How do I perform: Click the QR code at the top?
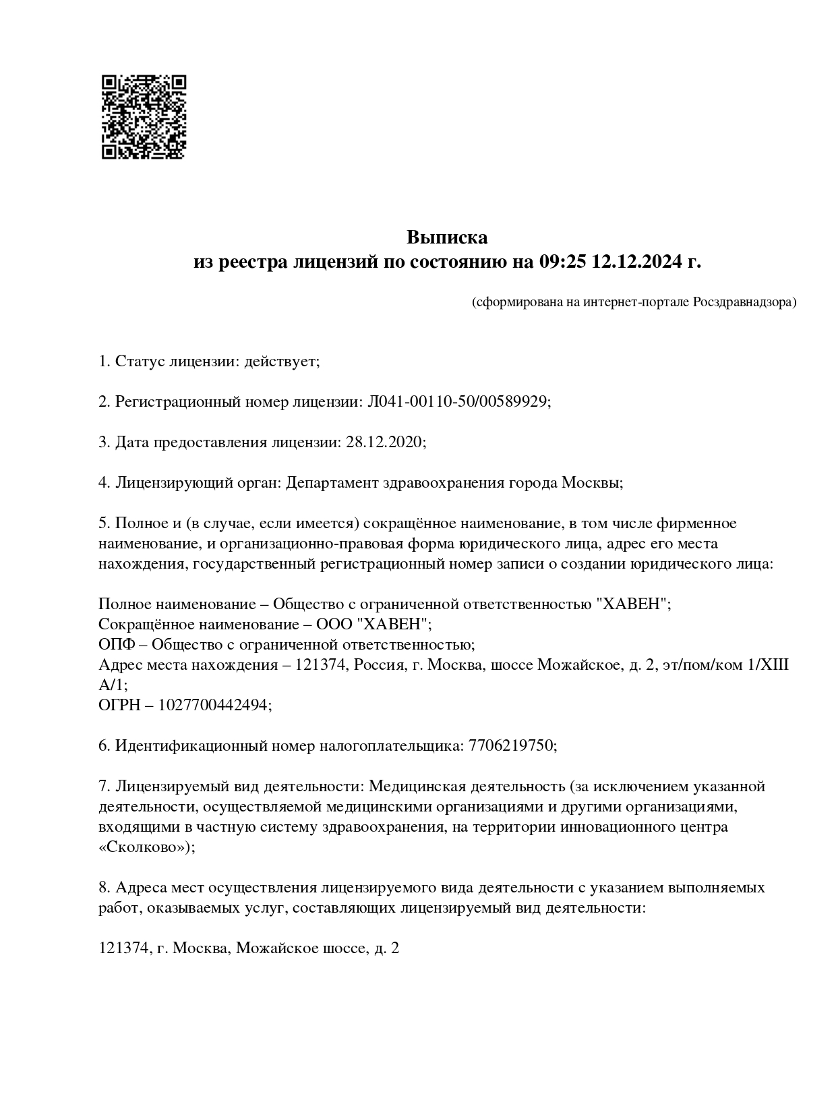pos(143,117)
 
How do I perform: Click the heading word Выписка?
pos(446,237)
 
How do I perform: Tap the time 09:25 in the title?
pos(562,262)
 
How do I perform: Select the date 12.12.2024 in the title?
pos(637,262)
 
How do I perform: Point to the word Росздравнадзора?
pos(744,302)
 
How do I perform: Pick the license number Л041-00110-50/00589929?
pos(457,402)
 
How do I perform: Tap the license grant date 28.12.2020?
pos(384,443)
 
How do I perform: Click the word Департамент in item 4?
pos(332,483)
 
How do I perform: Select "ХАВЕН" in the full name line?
pos(633,604)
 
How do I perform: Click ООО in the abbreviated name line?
pos(334,625)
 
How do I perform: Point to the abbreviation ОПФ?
pos(115,645)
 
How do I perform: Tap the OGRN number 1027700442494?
pos(214,706)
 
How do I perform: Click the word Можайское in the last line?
pos(272,948)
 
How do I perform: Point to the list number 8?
pos(103,888)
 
